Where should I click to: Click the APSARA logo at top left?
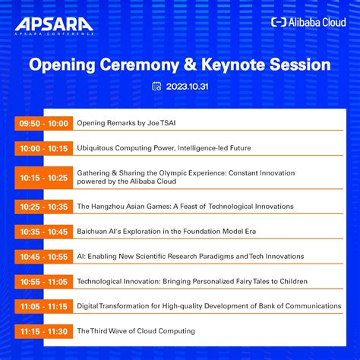(x=53, y=24)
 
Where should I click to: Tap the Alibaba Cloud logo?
(x=308, y=22)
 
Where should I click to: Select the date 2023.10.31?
(x=186, y=87)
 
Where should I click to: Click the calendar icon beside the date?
(x=156, y=87)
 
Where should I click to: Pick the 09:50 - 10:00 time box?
(x=43, y=122)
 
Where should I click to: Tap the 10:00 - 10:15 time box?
(x=43, y=148)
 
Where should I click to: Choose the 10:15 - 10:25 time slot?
(x=43, y=178)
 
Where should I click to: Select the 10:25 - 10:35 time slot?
(x=43, y=206)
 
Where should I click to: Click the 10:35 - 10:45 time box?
(x=43, y=232)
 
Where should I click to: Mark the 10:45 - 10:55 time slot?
(x=43, y=257)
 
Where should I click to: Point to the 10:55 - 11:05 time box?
(x=43, y=282)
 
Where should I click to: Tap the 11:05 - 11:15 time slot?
(x=43, y=306)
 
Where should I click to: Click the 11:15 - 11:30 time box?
(x=43, y=331)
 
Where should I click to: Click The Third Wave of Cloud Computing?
(x=136, y=331)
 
